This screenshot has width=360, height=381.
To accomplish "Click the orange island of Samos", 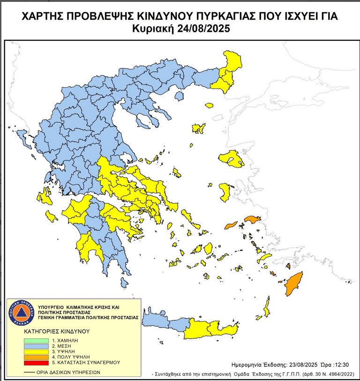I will pos(252,220).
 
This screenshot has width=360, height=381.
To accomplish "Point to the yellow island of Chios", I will pos(225,192).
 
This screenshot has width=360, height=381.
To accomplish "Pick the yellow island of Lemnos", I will pos(199,128).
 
